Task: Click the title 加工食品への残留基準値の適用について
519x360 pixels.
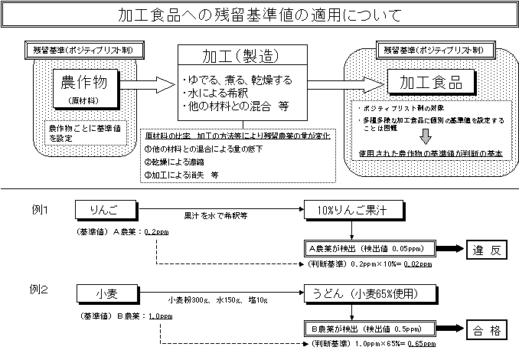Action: pos(259,15)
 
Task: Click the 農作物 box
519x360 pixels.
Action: pos(80,82)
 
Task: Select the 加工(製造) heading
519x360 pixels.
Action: pos(240,57)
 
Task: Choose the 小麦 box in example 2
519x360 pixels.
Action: pos(108,291)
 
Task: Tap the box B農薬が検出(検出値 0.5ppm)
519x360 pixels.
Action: pos(369,330)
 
